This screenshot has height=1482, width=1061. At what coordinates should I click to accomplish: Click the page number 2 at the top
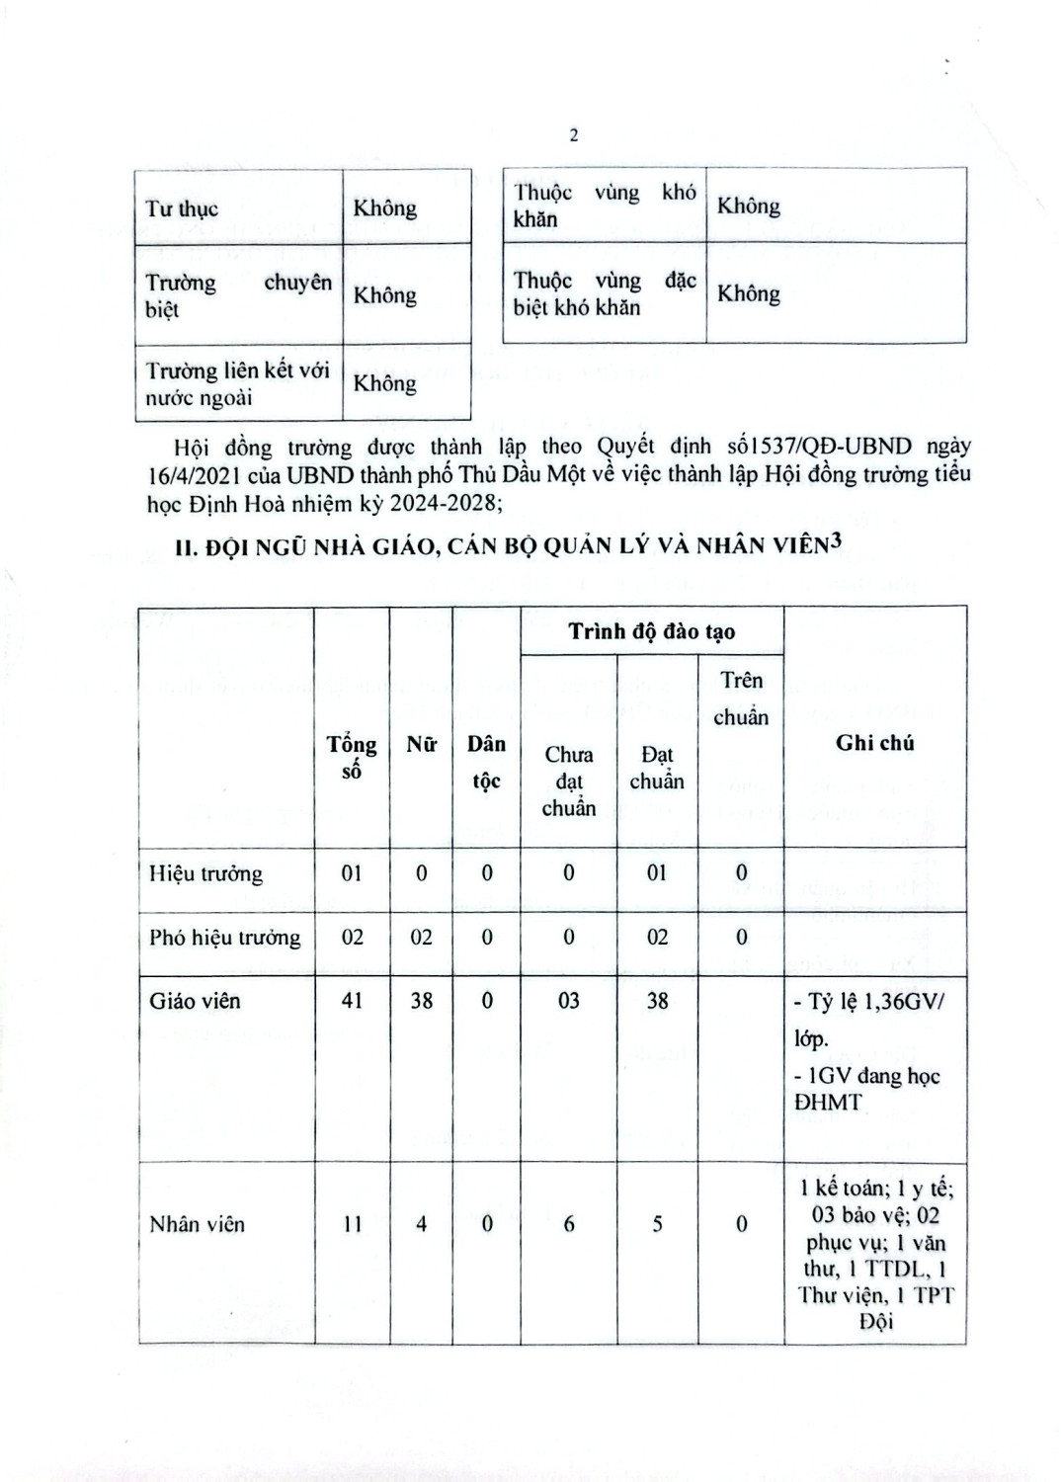574,135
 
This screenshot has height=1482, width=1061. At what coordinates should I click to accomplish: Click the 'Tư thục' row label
182,208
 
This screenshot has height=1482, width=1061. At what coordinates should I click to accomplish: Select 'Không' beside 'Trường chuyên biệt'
385,294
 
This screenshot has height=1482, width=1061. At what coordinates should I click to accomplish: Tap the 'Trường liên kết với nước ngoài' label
238,383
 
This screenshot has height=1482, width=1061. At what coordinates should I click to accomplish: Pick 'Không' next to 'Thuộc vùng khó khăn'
748,206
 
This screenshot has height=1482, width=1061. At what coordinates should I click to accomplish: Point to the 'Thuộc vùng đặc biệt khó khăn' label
604,293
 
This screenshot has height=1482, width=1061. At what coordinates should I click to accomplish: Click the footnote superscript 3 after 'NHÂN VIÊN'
835,540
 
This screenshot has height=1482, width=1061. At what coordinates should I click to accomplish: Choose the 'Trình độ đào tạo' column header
651,631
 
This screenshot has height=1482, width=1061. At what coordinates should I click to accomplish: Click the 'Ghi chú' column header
874,743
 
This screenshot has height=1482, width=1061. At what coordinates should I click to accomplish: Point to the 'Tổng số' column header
352,757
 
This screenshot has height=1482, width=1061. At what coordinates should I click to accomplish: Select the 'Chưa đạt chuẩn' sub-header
569,781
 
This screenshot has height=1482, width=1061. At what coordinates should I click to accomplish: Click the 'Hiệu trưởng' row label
205,873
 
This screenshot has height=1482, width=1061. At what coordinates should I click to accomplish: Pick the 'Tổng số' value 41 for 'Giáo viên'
352,1001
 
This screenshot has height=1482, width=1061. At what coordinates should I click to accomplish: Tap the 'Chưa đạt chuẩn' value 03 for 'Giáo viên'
569,1001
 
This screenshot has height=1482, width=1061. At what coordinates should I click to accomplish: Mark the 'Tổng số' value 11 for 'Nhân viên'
352,1224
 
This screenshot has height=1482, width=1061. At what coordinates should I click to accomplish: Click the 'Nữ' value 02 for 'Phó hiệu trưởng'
422,937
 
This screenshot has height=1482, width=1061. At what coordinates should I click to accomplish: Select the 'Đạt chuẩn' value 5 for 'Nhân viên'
657,1224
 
